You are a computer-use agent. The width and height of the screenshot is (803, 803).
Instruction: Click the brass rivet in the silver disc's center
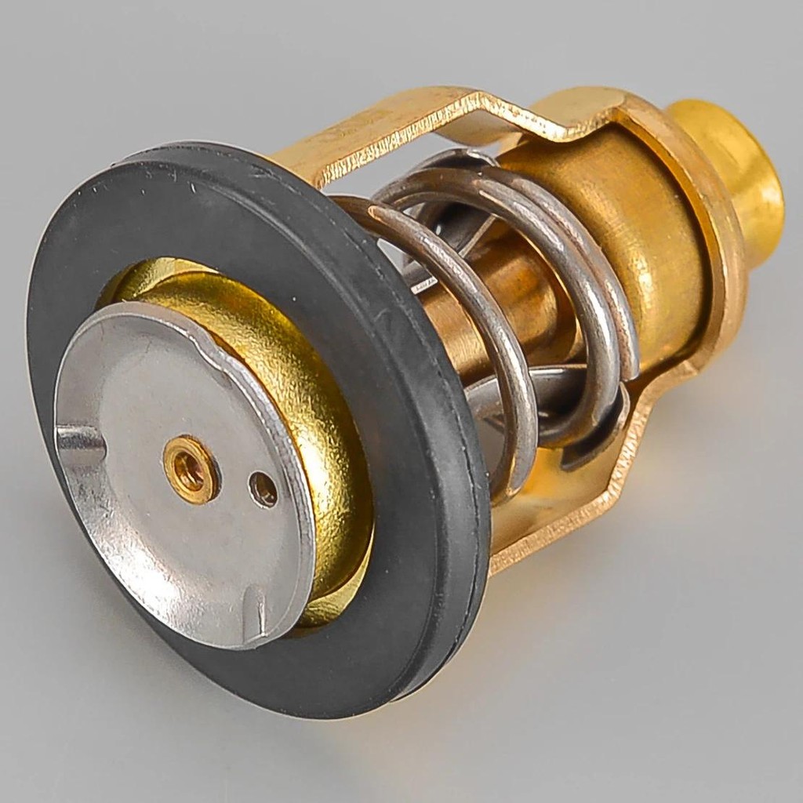coord(191,469)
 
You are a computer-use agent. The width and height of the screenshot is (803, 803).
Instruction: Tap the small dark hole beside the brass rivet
coord(263,489)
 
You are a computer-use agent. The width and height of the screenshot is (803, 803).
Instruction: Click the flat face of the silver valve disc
coord(157,533)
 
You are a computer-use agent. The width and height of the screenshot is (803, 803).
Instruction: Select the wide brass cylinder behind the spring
coord(643,235)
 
